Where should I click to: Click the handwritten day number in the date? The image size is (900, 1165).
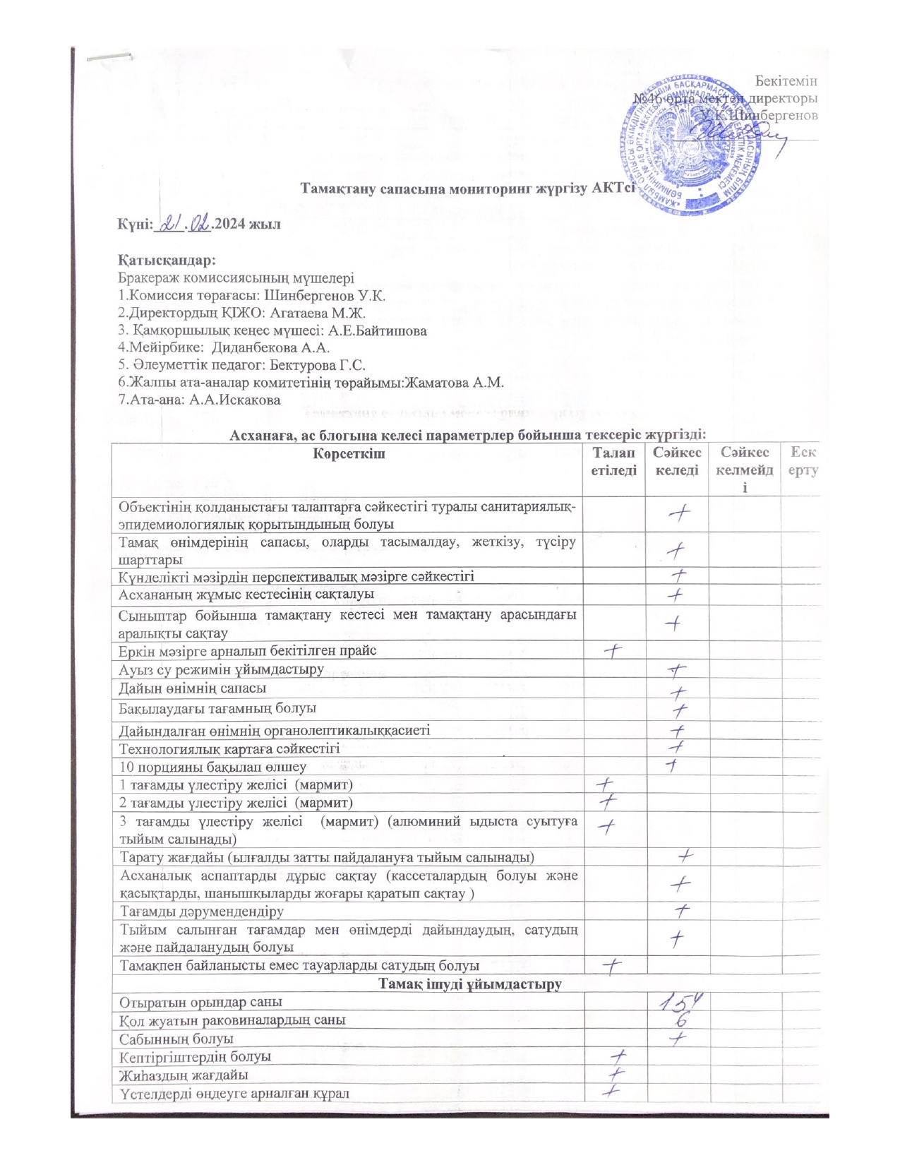[171, 225]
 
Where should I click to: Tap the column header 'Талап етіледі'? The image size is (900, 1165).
[613, 462]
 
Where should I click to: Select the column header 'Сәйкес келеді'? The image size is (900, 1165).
[676, 462]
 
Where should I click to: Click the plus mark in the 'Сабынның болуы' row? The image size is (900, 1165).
[679, 1038]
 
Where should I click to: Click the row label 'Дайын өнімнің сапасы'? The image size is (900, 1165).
[193, 688]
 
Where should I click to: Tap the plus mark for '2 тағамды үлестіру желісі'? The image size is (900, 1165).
[608, 801]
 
